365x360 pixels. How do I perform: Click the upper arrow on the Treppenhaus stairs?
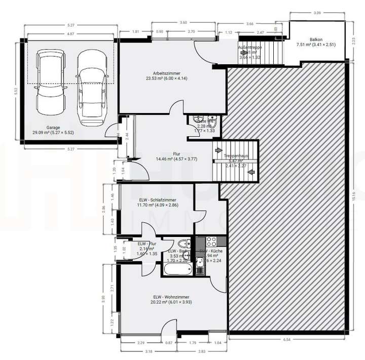click(x=218, y=150)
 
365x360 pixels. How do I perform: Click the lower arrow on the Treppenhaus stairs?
click(x=251, y=173)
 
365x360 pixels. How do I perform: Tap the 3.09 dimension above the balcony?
click(x=317, y=13)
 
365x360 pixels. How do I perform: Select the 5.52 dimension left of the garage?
click(x=16, y=91)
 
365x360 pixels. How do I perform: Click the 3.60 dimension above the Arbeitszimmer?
click(x=184, y=23)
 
